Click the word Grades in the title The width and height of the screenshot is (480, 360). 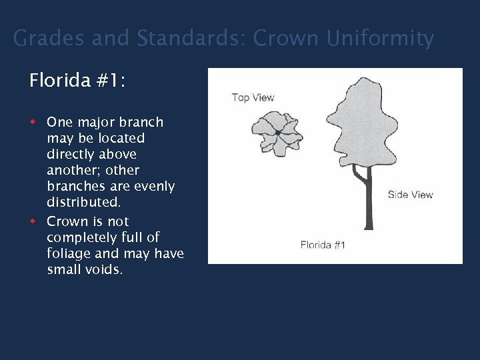tap(49, 39)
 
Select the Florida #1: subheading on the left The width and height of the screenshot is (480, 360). tap(77, 81)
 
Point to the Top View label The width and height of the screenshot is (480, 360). tap(253, 98)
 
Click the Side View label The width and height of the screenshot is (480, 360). tap(410, 195)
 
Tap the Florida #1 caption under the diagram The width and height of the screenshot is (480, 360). tap(323, 245)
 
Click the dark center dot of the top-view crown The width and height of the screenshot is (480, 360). tap(277, 133)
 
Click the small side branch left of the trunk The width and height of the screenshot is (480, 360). tap(359, 175)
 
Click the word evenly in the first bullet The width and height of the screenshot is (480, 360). tap(153, 186)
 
